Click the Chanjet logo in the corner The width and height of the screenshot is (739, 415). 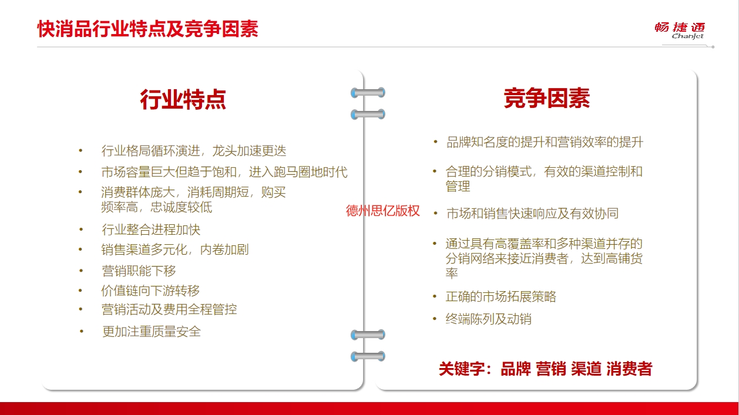tap(680, 31)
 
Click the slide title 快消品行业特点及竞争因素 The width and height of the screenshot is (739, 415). tap(148, 29)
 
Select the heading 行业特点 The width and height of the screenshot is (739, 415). tap(183, 99)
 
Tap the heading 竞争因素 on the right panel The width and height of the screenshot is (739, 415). tap(547, 98)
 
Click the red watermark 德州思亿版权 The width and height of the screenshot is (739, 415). tap(382, 211)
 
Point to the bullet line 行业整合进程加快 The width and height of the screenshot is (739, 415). tap(151, 230)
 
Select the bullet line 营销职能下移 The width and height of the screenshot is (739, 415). tap(139, 271)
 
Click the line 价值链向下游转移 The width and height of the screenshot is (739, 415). tap(150, 291)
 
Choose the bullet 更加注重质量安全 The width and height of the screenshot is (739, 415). tap(152, 332)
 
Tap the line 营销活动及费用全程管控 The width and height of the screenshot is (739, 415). tap(169, 309)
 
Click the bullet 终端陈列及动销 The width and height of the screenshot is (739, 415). tap(489, 319)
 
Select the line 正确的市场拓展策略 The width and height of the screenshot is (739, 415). tap(501, 296)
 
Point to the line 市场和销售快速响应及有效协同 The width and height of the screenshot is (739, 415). tap(532, 214)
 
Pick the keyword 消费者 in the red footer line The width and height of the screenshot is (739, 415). tap(630, 369)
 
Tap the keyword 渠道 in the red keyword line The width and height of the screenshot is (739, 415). tap(586, 369)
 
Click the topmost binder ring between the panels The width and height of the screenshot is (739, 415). tap(368, 93)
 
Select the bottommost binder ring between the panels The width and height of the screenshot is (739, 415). tap(368, 356)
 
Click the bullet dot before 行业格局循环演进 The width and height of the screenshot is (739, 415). tap(80, 151)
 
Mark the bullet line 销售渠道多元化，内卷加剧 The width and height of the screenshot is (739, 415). tap(175, 250)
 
